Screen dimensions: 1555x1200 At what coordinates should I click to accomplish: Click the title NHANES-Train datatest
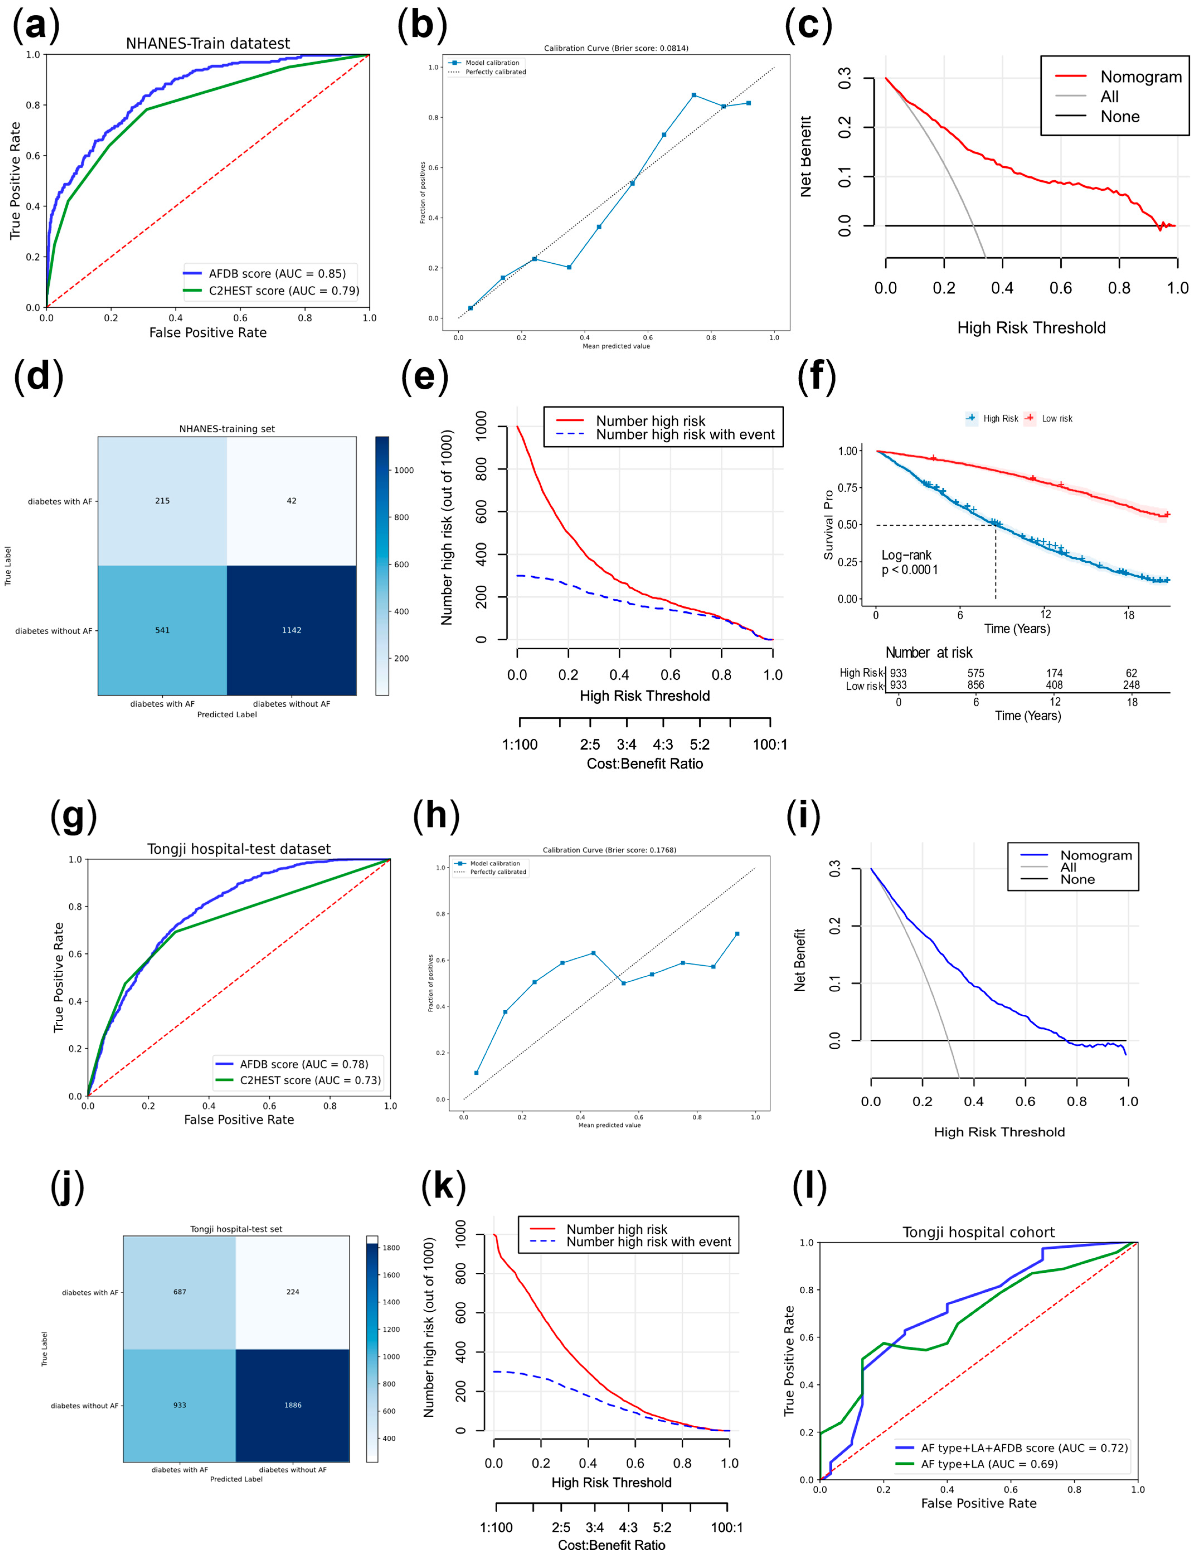pos(208,43)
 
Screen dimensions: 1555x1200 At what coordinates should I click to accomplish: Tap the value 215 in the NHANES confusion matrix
pos(162,500)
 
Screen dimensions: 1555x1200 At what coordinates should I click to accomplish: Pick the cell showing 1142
pos(291,630)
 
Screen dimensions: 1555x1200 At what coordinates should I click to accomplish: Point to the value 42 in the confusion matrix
pos(291,500)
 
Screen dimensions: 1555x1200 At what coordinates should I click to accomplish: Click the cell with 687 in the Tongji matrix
pos(179,1292)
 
